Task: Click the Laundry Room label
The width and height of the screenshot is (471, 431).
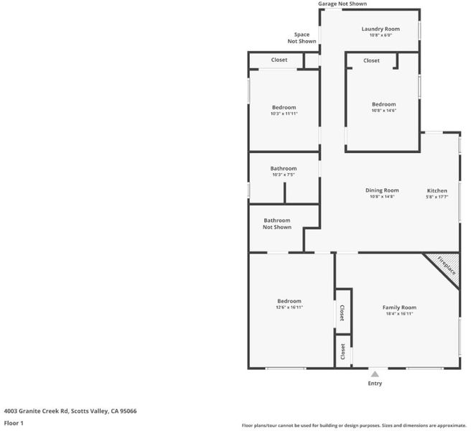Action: click(x=381, y=29)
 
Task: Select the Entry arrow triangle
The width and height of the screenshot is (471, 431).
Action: click(x=375, y=374)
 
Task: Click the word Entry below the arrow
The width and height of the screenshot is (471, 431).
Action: click(x=375, y=383)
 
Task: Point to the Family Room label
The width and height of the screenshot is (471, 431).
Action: click(x=399, y=307)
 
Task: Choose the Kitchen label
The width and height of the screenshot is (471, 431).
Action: click(x=437, y=190)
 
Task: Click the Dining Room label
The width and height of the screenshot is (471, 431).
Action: click(x=382, y=190)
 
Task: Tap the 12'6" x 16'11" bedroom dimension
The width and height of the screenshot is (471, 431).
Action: click(x=289, y=307)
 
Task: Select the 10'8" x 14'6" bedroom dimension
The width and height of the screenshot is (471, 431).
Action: click(x=384, y=111)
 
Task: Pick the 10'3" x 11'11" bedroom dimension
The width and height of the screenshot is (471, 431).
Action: click(x=284, y=113)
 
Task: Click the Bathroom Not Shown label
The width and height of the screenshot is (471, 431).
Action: click(x=277, y=223)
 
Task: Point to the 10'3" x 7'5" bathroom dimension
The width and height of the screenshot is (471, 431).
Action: click(x=284, y=175)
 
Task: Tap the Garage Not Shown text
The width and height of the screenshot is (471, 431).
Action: click(x=342, y=4)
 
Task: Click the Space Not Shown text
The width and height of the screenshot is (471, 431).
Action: click(x=302, y=38)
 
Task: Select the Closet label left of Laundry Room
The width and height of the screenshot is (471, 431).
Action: click(x=279, y=60)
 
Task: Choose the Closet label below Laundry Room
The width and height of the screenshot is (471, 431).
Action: click(x=371, y=60)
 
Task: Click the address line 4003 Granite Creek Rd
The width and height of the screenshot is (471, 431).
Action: click(x=70, y=411)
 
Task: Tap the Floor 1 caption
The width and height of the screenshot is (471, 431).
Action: click(x=14, y=423)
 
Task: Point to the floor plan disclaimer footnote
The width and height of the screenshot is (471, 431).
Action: click(x=354, y=425)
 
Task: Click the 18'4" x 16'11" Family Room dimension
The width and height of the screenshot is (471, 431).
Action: click(x=399, y=314)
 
